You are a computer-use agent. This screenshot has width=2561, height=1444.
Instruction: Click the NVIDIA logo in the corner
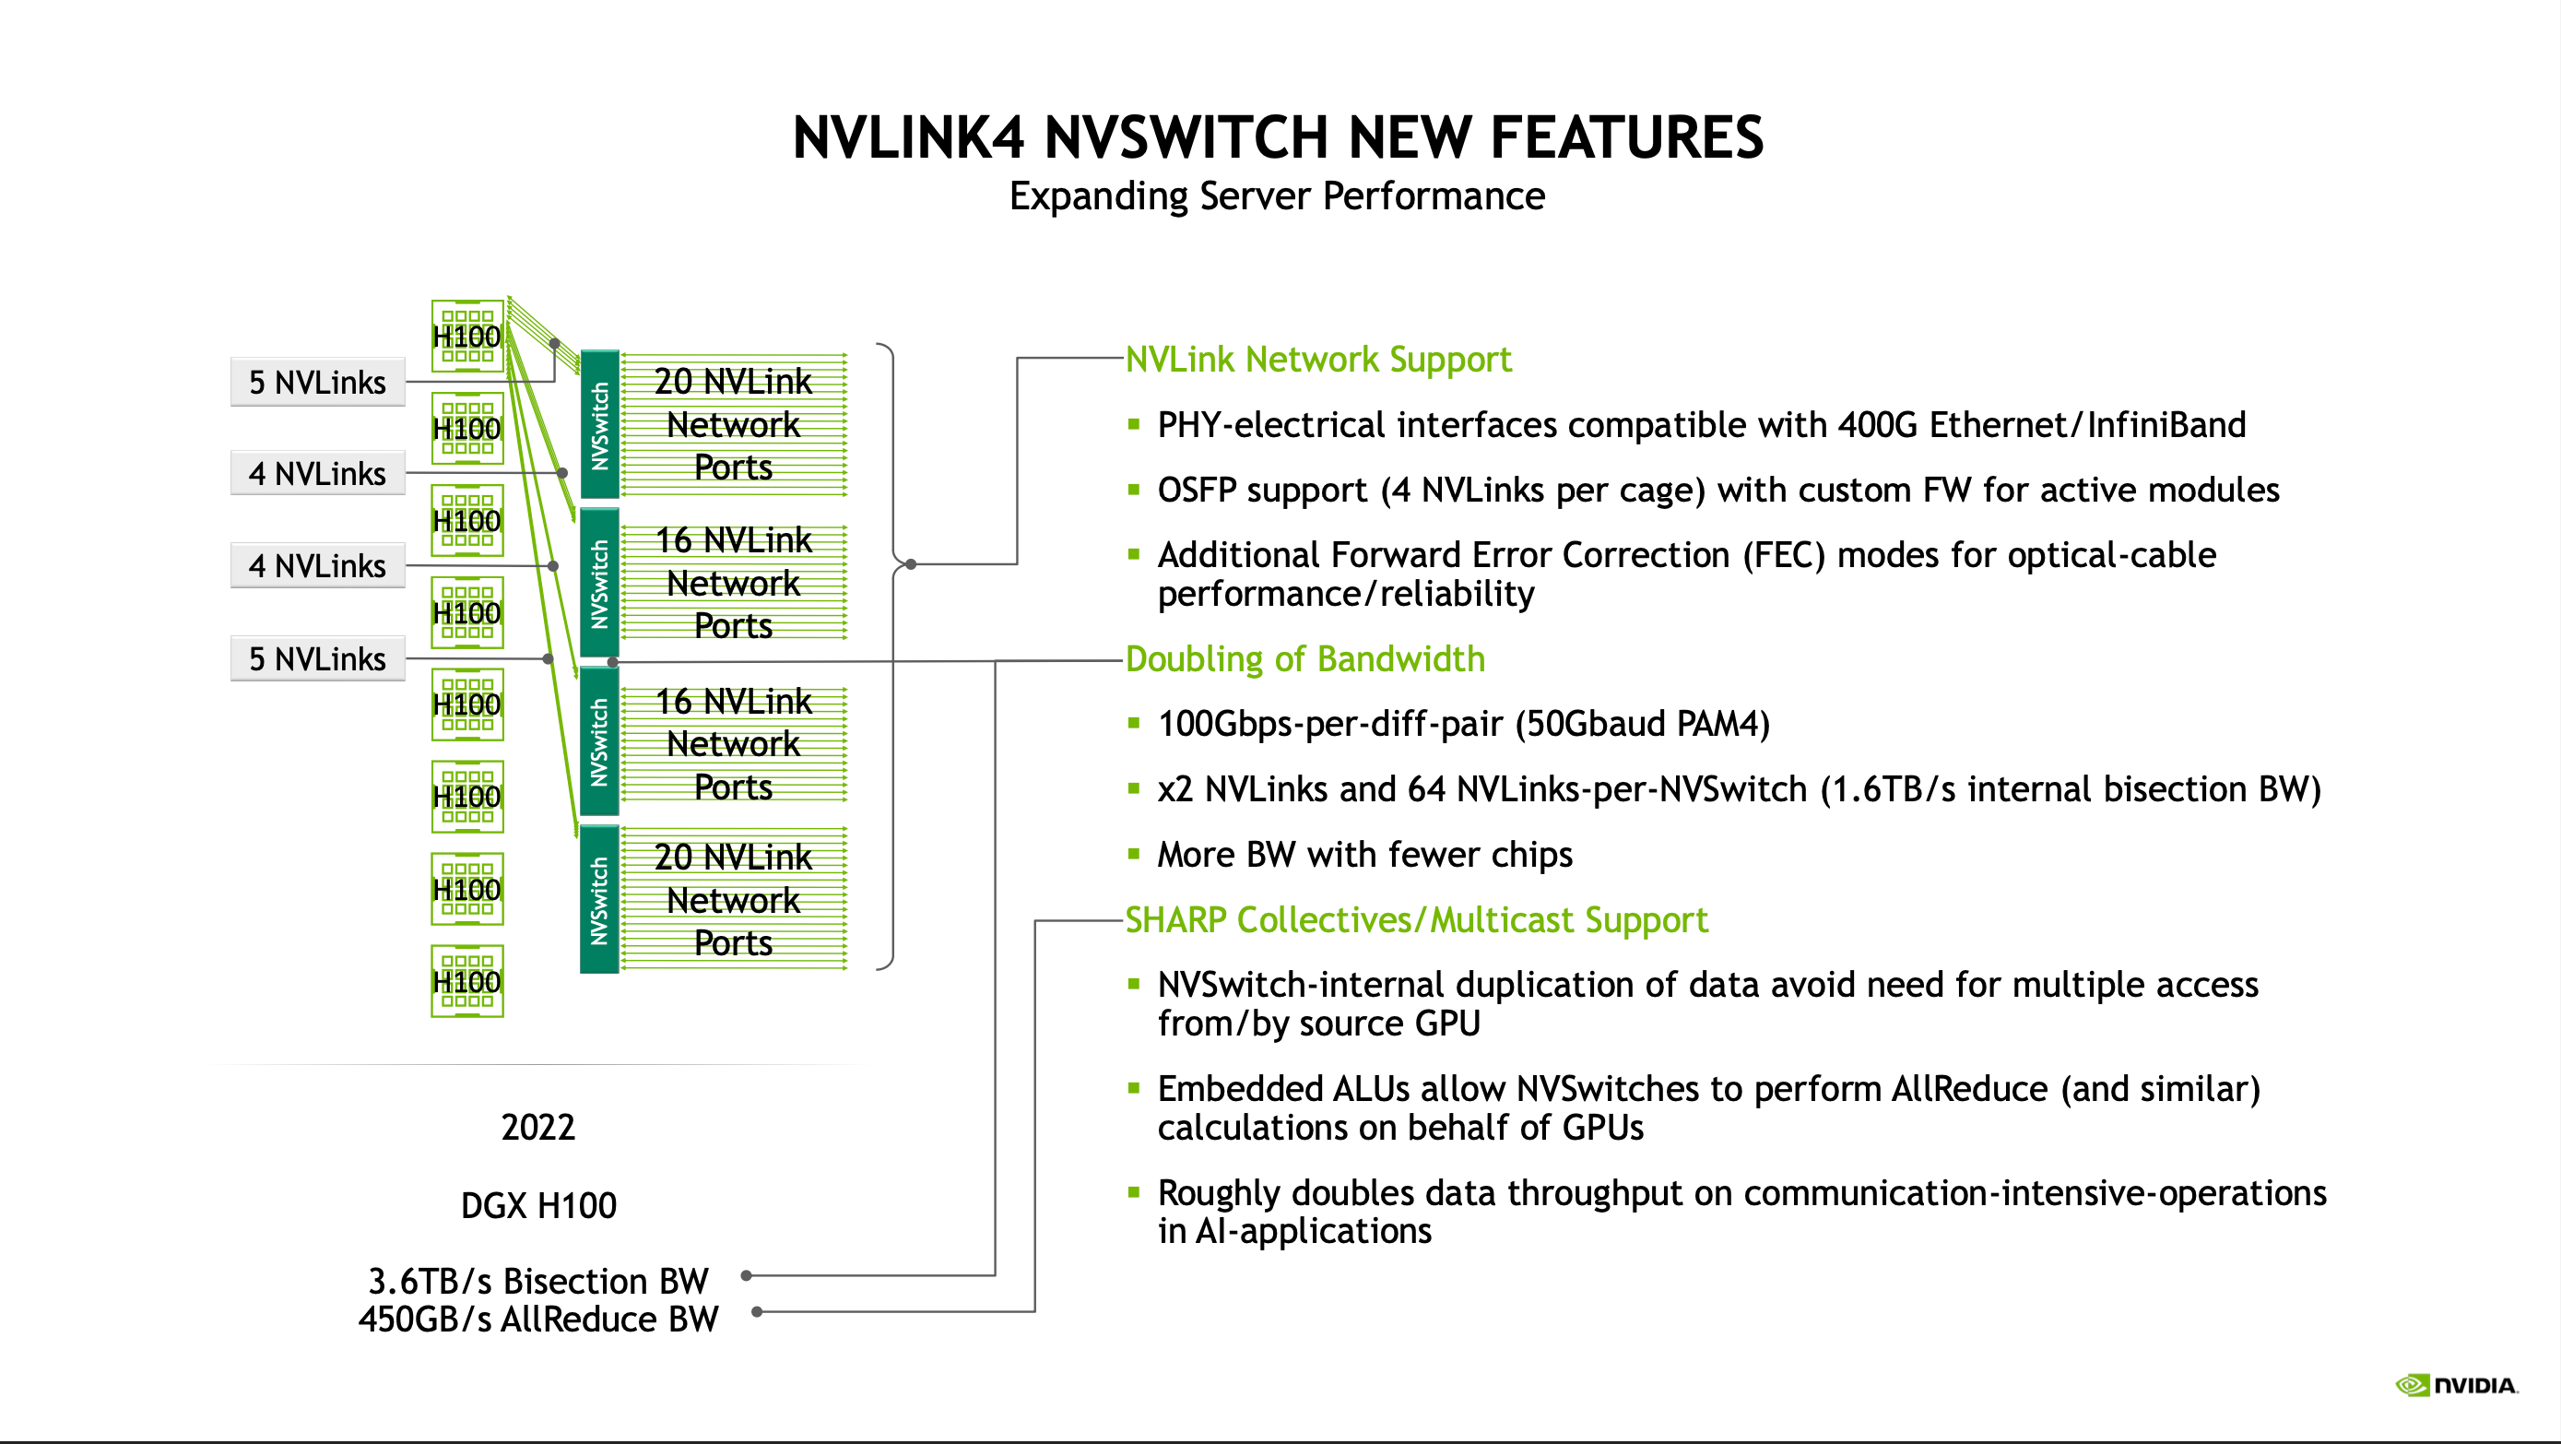click(2456, 1384)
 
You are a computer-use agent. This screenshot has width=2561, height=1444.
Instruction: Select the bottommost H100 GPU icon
click(466, 980)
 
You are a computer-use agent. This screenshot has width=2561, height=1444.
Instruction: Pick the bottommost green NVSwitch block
click(599, 900)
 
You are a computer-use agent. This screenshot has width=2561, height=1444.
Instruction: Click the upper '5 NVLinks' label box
click(317, 382)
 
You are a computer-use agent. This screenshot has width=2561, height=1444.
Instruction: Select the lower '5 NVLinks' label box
click(317, 658)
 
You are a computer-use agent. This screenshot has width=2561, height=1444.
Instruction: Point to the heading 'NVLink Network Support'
click(1317, 359)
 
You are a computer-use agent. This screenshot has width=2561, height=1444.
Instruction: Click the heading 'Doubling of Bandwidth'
click(1304, 658)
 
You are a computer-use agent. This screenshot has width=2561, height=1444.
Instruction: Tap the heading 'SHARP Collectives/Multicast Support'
click(1416, 920)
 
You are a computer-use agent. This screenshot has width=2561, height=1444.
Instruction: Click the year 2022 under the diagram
click(537, 1127)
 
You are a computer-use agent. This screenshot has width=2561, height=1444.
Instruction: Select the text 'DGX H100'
click(537, 1205)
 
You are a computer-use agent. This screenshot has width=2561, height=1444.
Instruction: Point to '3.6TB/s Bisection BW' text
click(537, 1280)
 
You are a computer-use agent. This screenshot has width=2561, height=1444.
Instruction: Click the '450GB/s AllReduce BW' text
click(537, 1319)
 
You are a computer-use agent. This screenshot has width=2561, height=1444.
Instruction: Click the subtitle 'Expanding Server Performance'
click(1277, 195)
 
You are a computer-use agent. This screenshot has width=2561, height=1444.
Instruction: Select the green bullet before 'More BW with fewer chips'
click(1133, 853)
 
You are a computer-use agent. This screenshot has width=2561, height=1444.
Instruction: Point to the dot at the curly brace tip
click(911, 564)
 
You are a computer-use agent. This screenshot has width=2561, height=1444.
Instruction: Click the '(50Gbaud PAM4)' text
click(1643, 724)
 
